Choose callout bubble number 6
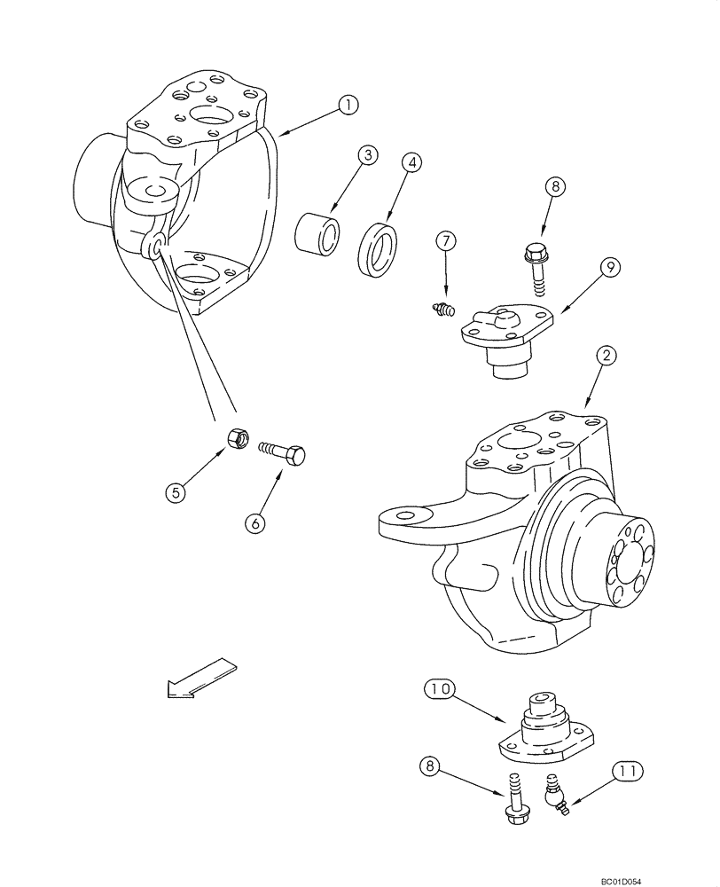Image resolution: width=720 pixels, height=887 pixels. coord(255,523)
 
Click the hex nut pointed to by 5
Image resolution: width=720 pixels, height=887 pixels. coord(237,438)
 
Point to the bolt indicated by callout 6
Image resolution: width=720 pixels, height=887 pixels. coord(283,453)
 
